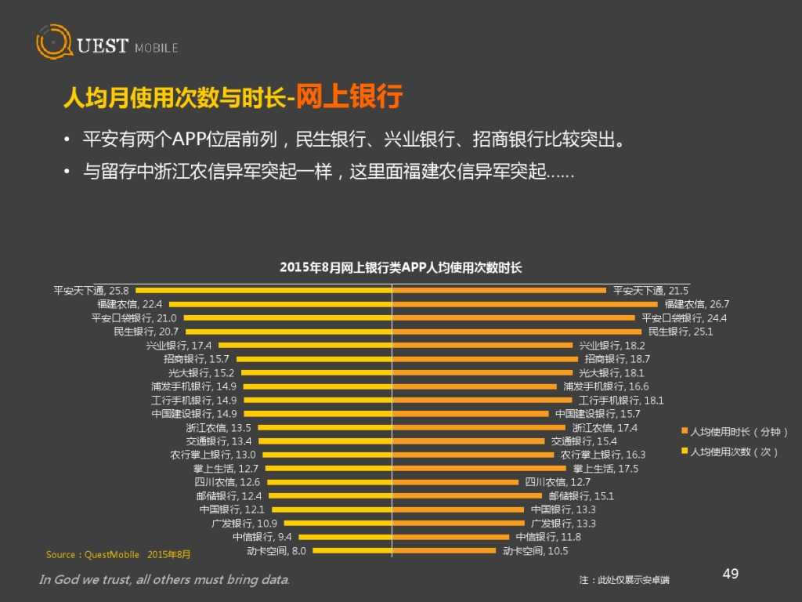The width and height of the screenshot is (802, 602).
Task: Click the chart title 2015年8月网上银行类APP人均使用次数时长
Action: click(x=400, y=268)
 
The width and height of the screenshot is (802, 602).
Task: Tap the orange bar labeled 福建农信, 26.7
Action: click(x=525, y=304)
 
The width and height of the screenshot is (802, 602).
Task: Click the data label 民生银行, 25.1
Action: click(x=681, y=332)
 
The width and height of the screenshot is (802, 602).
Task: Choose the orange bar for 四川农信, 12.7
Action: click(x=455, y=483)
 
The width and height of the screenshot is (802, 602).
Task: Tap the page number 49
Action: click(x=730, y=575)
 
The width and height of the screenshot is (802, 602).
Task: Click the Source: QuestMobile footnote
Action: click(x=117, y=555)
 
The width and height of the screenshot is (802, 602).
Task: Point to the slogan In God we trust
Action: click(x=164, y=580)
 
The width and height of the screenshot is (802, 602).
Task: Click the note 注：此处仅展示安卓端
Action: click(x=624, y=580)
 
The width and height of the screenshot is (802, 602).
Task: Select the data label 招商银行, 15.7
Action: click(x=197, y=359)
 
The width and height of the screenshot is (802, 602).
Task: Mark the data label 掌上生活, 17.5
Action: click(x=605, y=469)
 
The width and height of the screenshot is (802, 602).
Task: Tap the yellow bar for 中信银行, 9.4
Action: click(x=345, y=537)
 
